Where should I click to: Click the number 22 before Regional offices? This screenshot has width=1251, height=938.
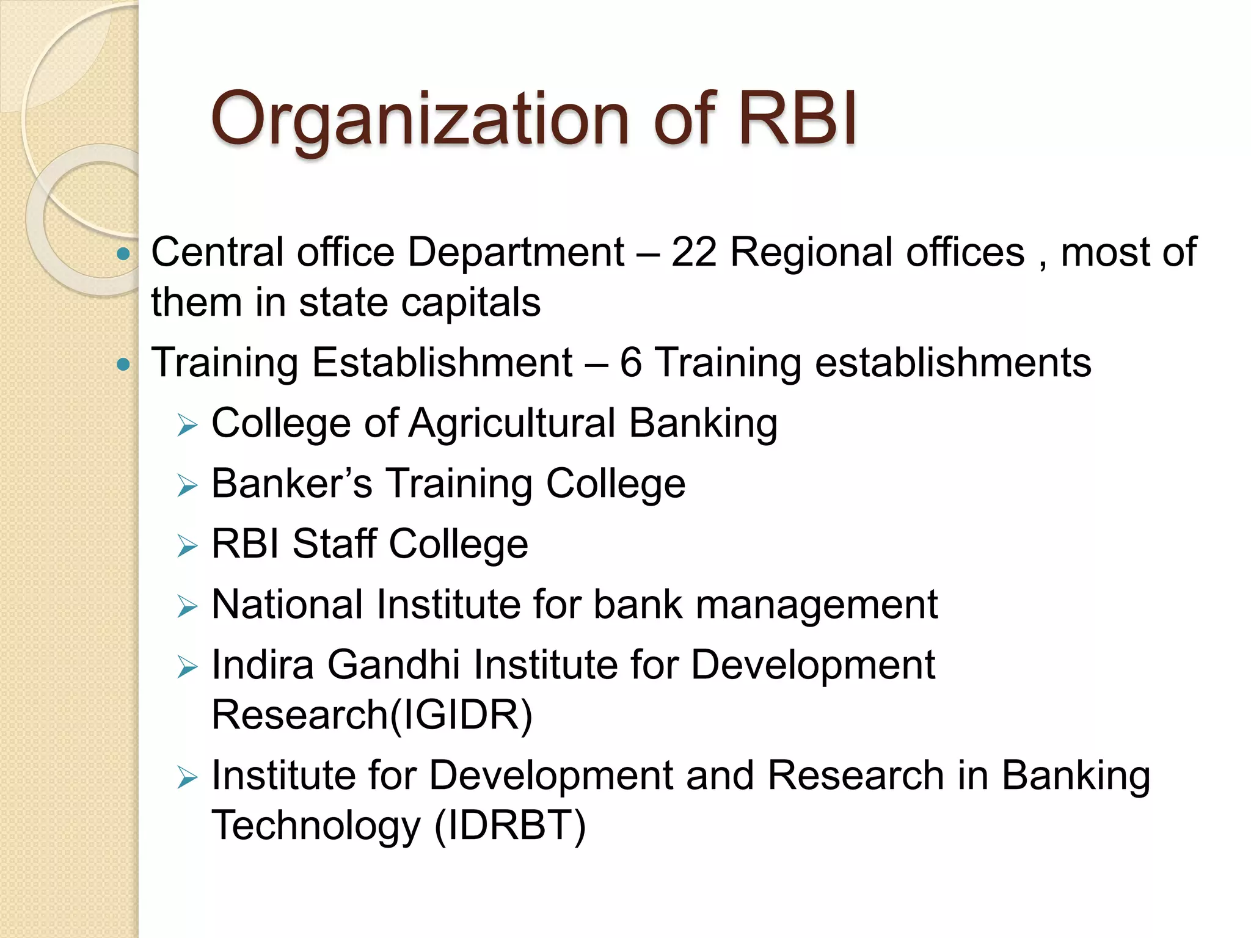coord(693,252)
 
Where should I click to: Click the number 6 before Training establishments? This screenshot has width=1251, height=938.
coord(630,363)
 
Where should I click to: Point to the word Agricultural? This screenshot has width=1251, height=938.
coord(512,423)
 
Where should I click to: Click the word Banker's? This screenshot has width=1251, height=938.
coord(291,484)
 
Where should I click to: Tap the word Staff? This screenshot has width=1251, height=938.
coord(334,544)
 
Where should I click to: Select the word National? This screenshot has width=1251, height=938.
coord(287,605)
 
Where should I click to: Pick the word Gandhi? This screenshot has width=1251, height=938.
coord(393,664)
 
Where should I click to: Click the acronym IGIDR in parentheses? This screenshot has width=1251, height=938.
coord(461,715)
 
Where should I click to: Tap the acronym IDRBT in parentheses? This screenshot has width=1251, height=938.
coord(510,825)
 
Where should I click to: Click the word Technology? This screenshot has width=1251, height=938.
coord(316,825)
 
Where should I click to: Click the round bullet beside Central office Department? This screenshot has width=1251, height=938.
coord(123,253)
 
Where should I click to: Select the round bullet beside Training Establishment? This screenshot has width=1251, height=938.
coord(123,365)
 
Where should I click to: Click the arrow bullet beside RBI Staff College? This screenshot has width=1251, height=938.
coord(188,546)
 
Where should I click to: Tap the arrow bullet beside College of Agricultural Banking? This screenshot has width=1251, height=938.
coord(188,425)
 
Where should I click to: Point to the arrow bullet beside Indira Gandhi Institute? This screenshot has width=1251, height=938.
coord(188,667)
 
